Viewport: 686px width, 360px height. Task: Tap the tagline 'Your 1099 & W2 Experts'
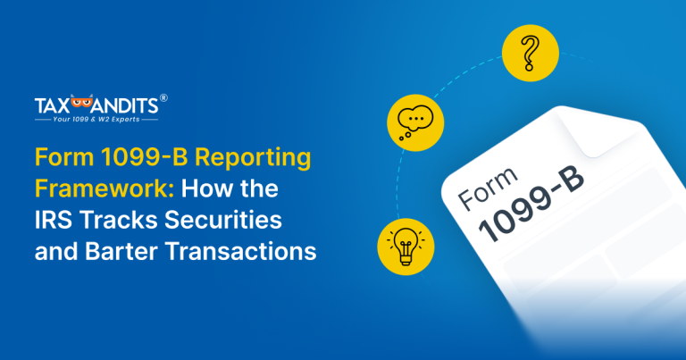(96, 119)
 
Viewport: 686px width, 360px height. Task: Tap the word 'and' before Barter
(54, 252)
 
